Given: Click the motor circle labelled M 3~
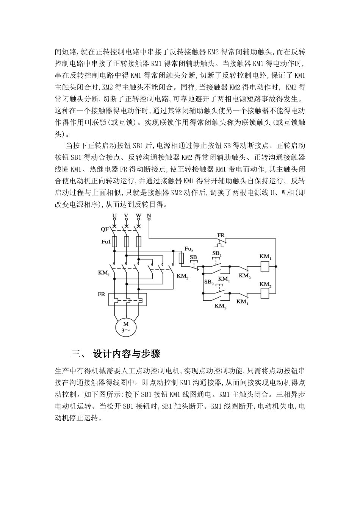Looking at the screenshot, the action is pos(125,326).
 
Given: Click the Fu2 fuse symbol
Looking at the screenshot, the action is pos(182,259).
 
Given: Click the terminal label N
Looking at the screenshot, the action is pos(149,215).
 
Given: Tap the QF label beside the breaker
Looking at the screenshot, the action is pos(105,229).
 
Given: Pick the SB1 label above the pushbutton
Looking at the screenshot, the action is pos(217,253).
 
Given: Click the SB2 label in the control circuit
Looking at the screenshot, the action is pos(209,282).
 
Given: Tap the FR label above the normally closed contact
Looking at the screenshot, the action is pos(221,235).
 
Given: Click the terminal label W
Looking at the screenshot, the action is pos(138,215).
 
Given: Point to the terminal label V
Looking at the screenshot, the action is pos(126,215).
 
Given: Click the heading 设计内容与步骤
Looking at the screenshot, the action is pos(127,354).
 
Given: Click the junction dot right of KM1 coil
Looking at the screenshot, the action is pos(276,267).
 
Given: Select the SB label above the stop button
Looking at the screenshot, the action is pos(193,257).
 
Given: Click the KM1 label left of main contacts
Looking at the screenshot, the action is pos(103,273).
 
